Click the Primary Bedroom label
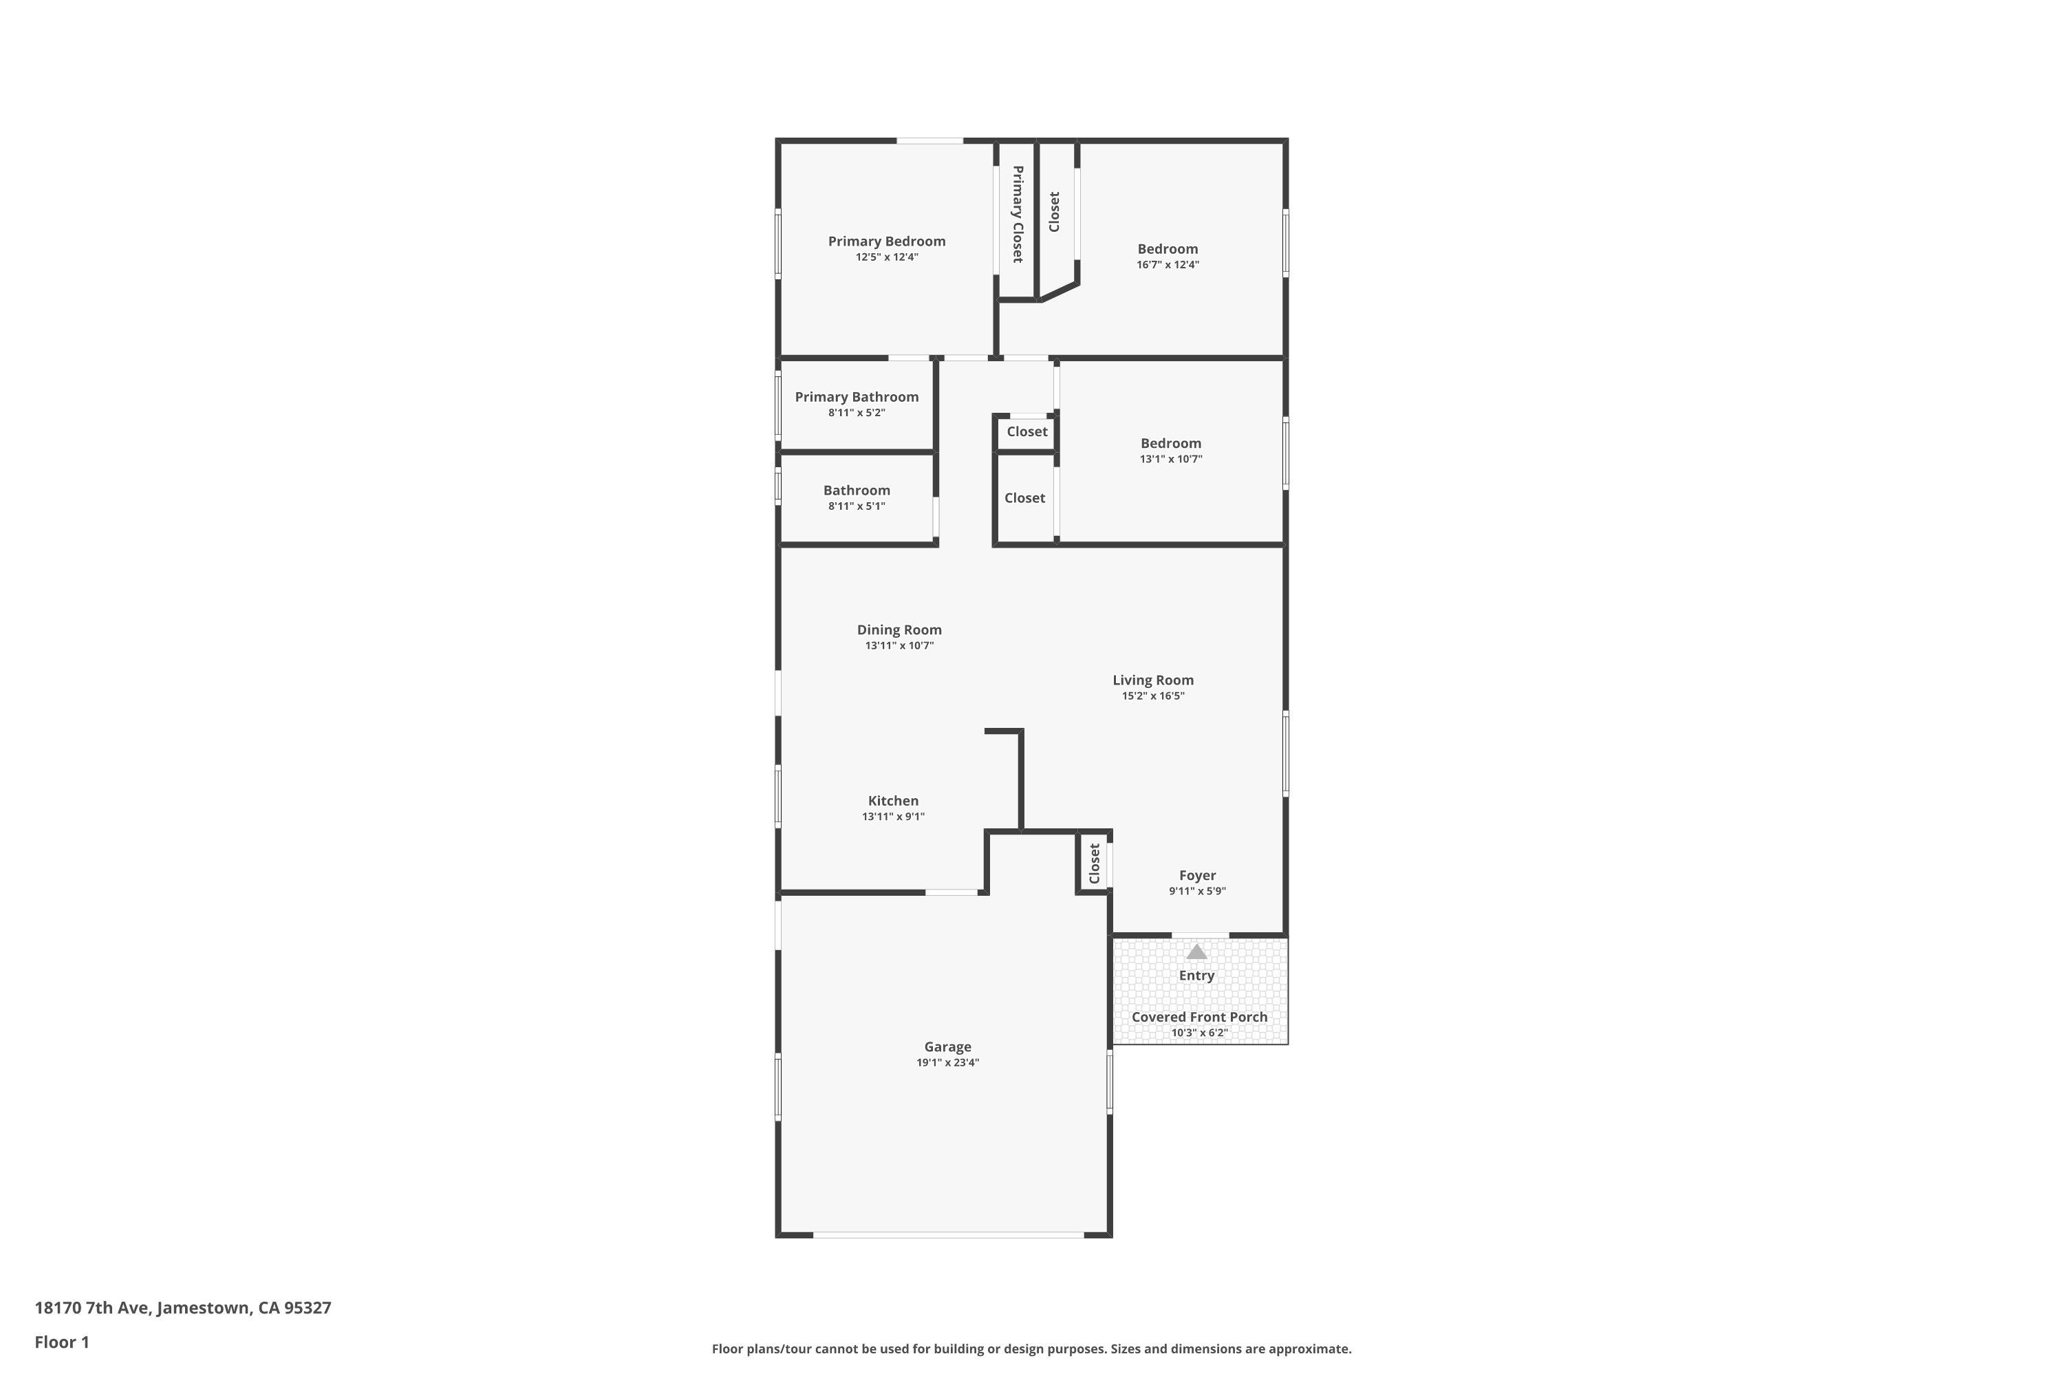886,241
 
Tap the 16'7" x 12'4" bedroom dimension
1167,265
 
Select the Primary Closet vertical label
1017,214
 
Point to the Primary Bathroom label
857,397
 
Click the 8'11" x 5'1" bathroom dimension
857,506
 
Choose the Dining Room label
899,630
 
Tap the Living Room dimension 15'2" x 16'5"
1152,696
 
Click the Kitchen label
892,800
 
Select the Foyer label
1197,875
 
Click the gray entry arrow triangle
1196,952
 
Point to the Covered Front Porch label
1198,1017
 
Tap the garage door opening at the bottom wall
948,1235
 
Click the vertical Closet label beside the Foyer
1095,863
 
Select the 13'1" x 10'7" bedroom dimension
1171,459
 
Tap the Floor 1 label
61,1342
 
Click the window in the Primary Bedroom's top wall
929,140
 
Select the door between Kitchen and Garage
952,892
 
